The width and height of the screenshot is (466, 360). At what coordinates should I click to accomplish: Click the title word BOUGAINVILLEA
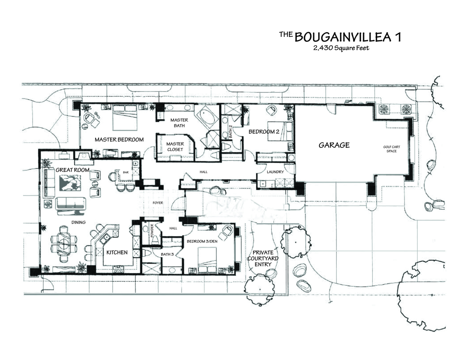coord(342,37)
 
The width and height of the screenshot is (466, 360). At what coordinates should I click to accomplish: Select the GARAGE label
coord(334,145)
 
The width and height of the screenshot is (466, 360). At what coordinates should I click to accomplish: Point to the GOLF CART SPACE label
coord(391,149)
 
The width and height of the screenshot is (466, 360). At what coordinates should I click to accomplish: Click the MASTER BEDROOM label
coord(119,139)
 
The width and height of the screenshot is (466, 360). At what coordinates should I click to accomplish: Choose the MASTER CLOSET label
coord(175,147)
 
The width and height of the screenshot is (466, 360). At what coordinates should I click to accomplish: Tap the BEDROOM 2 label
coord(263,132)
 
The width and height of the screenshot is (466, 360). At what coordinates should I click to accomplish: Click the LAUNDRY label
coord(275,172)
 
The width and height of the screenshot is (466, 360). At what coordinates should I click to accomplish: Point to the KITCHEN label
coord(117,252)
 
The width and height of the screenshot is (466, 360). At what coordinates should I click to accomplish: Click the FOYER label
coord(158,203)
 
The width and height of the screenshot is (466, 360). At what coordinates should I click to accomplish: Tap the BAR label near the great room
coord(126,172)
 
